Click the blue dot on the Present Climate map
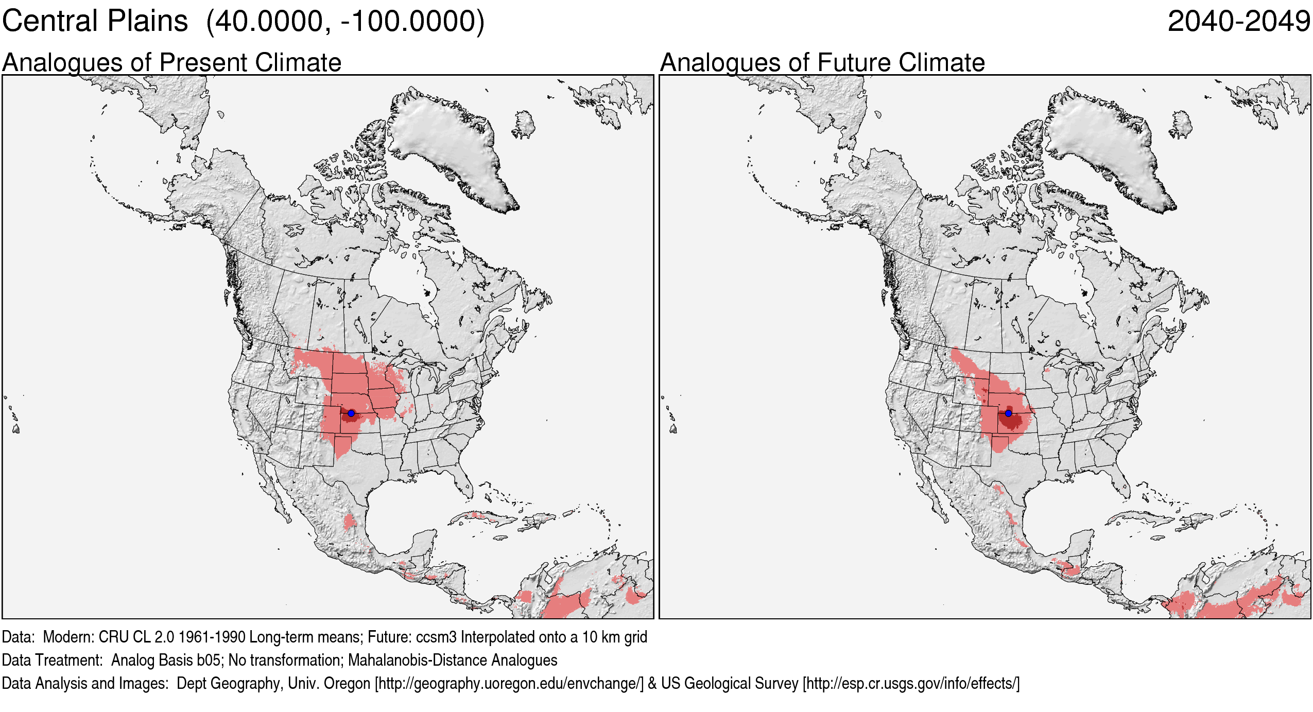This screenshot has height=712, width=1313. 351,413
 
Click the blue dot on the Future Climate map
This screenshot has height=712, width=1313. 1008,413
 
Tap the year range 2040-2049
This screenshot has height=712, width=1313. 1238,22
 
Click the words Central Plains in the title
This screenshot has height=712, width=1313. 95,22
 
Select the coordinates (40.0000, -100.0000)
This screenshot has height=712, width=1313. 345,22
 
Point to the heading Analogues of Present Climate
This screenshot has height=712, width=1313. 171,63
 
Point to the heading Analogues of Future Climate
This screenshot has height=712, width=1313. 822,63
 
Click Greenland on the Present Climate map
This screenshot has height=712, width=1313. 448,144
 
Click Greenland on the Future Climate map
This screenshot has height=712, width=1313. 1104,144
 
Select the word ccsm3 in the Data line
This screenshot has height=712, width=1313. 436,637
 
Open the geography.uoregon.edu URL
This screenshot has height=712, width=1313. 509,683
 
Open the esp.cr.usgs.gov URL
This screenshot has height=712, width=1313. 911,683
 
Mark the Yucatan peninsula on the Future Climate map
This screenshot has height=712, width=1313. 1081,546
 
